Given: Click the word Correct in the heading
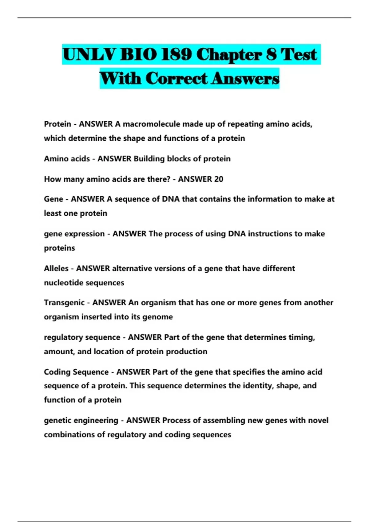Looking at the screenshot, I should [177, 78].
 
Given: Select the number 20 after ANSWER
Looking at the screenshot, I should [218, 179].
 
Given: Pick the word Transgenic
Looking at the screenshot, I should [64, 303].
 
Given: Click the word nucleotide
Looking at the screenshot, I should [62, 283].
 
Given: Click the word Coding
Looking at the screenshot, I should [57, 372].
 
